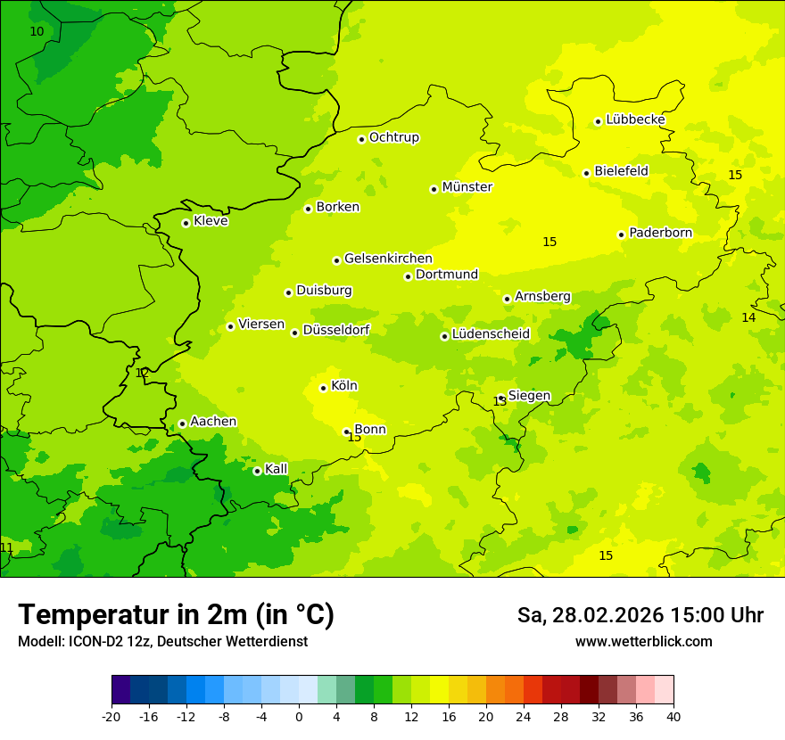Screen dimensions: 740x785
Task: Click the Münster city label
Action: (x=467, y=187)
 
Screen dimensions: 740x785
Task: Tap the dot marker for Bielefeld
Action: (x=586, y=173)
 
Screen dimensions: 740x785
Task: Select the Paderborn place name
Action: (x=660, y=233)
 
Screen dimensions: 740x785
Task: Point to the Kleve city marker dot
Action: (x=186, y=223)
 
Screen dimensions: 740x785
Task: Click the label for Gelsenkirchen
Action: (x=388, y=259)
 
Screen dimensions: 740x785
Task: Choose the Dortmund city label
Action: (x=447, y=275)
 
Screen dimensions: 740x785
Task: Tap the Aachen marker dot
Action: (x=182, y=423)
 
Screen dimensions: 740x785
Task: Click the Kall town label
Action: (x=277, y=469)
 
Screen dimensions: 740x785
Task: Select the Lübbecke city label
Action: (x=635, y=119)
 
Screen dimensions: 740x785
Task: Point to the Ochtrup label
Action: (x=393, y=137)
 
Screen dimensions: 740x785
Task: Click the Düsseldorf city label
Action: (x=336, y=330)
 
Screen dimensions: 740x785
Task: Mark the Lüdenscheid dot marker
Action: (x=444, y=336)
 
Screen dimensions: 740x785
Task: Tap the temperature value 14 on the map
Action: (x=748, y=317)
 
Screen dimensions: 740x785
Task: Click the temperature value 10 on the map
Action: (x=37, y=31)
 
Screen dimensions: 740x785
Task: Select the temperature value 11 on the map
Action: (x=7, y=547)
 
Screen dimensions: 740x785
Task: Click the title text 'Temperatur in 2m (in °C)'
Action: (x=176, y=614)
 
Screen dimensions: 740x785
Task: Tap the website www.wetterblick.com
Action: (x=643, y=641)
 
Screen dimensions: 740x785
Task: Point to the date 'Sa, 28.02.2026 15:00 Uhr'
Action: (x=640, y=615)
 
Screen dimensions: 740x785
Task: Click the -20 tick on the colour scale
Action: (x=112, y=716)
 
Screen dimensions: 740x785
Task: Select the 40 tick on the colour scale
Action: (x=673, y=716)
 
